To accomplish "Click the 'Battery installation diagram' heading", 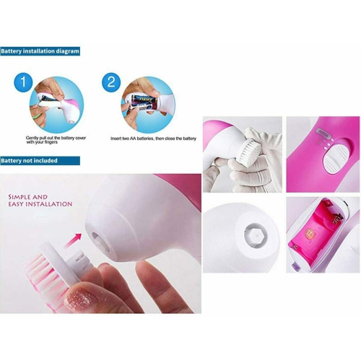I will pos(40,52).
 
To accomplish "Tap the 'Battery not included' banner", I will pos(29,160).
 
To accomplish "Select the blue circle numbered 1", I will pos(25,82).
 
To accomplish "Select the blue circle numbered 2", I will pos(110,82).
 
